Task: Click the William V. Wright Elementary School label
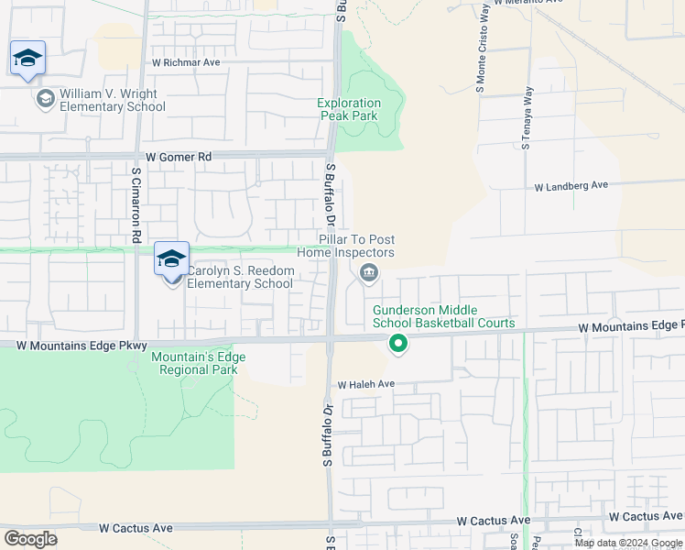coord(113,100)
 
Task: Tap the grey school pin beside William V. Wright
coord(44,97)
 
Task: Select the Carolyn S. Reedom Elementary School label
coord(240,277)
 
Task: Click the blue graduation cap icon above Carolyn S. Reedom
coord(172,258)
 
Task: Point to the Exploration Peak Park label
coord(349,109)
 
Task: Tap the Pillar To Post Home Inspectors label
coord(356,246)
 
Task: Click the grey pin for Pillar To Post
coord(369,272)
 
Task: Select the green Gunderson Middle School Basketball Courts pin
coord(397,345)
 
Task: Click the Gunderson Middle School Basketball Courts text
coord(443,317)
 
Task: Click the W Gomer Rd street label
coord(174,158)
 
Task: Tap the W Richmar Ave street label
coord(187,63)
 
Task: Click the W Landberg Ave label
coord(571,185)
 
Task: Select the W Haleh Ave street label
coord(365,385)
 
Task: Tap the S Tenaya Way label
coord(527,118)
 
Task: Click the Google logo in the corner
coord(31,539)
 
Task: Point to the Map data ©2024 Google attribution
coord(627,543)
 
